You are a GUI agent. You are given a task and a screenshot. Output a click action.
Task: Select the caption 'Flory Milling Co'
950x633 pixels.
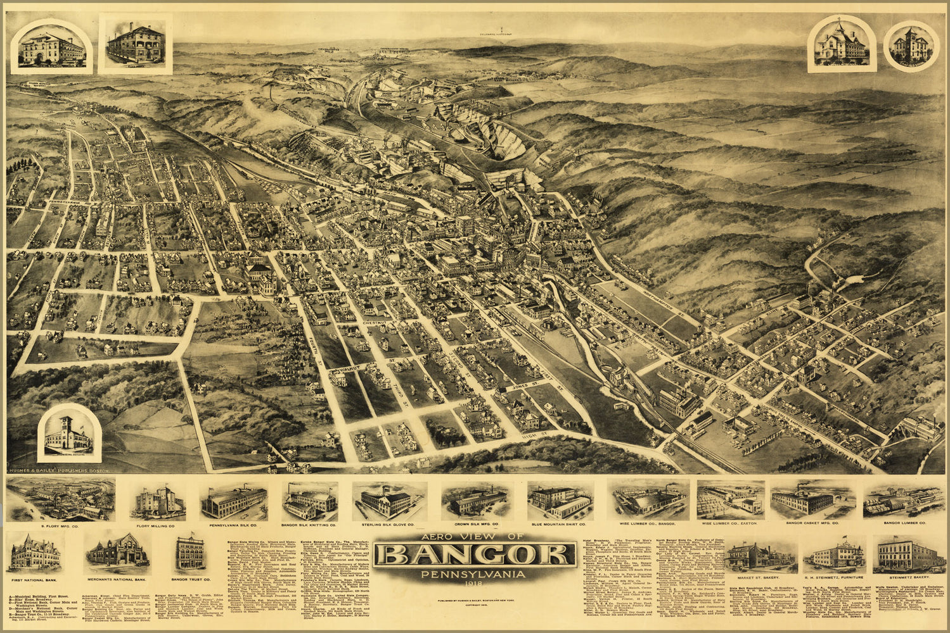(x=155, y=525)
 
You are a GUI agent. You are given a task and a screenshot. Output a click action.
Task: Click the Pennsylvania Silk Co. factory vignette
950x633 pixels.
(x=234, y=501)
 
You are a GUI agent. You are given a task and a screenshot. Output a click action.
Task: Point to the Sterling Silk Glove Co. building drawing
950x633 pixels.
(x=389, y=501)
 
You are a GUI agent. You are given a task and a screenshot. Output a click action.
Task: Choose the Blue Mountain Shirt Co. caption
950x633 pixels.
(x=560, y=525)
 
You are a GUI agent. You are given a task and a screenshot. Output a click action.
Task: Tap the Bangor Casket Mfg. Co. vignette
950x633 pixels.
(x=803, y=500)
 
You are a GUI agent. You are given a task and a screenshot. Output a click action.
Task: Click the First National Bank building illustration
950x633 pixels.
(x=35, y=552)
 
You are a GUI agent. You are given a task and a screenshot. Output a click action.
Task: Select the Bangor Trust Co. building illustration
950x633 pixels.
(x=189, y=553)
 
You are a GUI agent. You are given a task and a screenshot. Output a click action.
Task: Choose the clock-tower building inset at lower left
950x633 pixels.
(x=69, y=434)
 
